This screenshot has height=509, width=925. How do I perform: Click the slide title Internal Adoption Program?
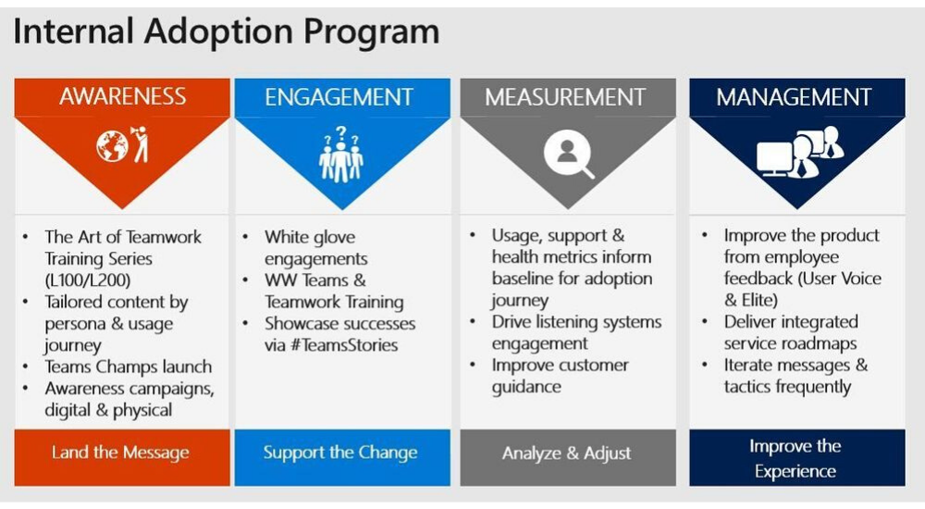pyautogui.click(x=226, y=31)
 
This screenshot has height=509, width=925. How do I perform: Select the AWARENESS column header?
pyautogui.click(x=122, y=97)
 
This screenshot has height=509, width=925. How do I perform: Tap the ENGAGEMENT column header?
pyautogui.click(x=342, y=97)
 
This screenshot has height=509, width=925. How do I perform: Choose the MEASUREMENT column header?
pyautogui.click(x=568, y=97)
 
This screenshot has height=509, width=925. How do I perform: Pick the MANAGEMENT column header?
pyautogui.click(x=797, y=97)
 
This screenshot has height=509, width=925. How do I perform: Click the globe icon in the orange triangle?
pyautogui.click(x=112, y=146)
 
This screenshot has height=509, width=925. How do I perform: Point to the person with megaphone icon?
pyautogui.click(x=140, y=144)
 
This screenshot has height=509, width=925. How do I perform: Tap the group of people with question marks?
pyautogui.click(x=341, y=155)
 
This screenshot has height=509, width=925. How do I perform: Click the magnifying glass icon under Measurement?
pyautogui.click(x=569, y=154)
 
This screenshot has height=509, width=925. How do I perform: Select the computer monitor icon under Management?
pyautogui.click(x=774, y=159)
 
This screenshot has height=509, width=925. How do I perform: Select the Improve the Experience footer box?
pyautogui.click(x=797, y=457)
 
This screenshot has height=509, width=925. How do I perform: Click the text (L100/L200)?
pyautogui.click(x=88, y=279)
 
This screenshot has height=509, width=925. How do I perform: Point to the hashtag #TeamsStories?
pyautogui.click(x=344, y=345)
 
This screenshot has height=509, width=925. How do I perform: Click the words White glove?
pyautogui.click(x=310, y=237)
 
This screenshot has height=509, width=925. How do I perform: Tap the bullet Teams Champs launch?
pyautogui.click(x=128, y=366)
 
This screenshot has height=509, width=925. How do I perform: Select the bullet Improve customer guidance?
pyautogui.click(x=560, y=376)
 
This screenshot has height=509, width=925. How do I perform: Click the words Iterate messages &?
pyautogui.click(x=795, y=365)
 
